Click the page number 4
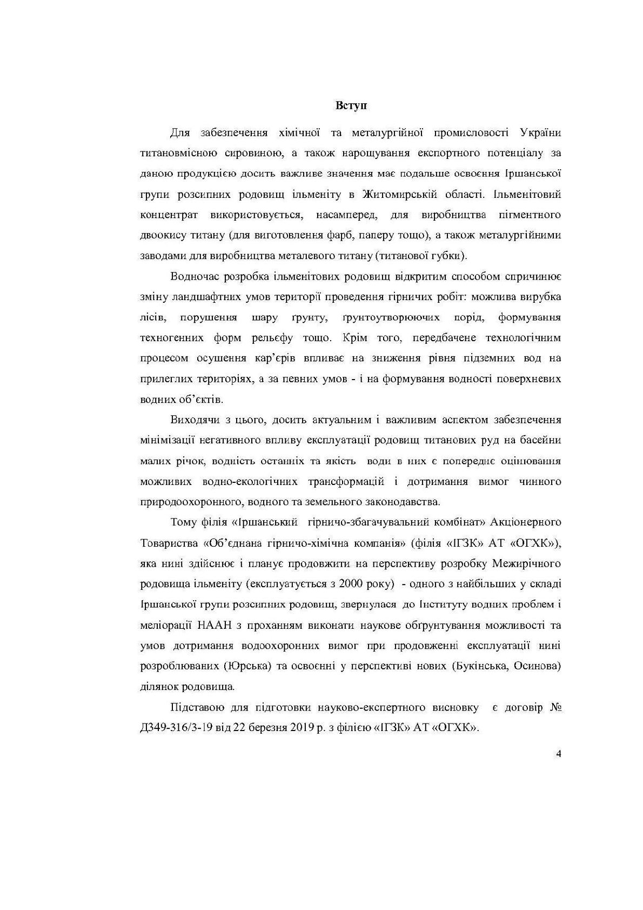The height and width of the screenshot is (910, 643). tap(558, 755)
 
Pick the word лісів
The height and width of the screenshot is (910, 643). tap(152, 317)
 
